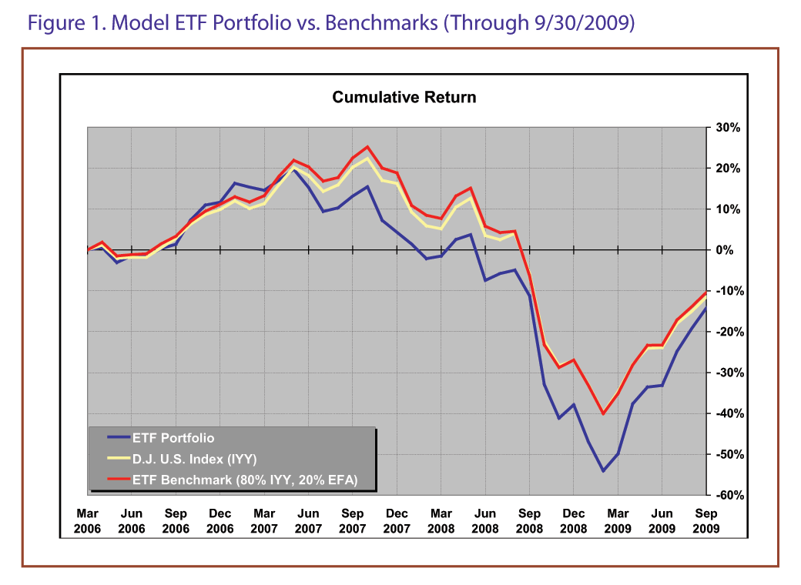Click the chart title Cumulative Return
pyautogui.click(x=404, y=98)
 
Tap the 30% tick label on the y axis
pyautogui.click(x=727, y=128)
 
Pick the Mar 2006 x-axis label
pyautogui.click(x=88, y=520)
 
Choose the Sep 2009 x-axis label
pyautogui.click(x=705, y=520)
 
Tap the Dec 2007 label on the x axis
pyautogui.click(x=397, y=520)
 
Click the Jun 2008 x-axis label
pyautogui.click(x=485, y=520)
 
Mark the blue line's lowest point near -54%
pyautogui.click(x=603, y=471)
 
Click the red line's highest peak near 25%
pyautogui.click(x=367, y=147)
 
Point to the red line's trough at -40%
pyautogui.click(x=603, y=413)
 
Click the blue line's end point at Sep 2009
pyautogui.click(x=705, y=308)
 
